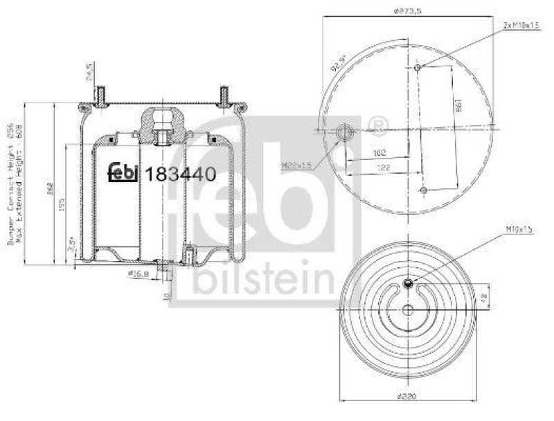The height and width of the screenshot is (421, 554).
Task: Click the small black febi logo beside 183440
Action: click(x=125, y=172)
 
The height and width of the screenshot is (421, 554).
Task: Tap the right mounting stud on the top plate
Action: click(x=224, y=96)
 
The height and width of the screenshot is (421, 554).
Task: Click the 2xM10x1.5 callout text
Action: click(x=521, y=25)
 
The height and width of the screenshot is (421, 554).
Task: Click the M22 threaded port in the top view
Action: click(x=344, y=131)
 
